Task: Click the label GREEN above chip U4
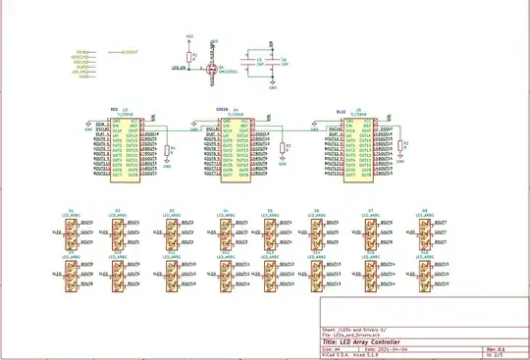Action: coord(223,109)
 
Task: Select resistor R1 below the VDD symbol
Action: coord(194,56)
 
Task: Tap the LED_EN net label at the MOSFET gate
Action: coord(180,69)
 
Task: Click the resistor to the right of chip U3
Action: coord(168,151)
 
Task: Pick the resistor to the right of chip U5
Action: coord(403,149)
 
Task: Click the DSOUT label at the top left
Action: coord(129,50)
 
